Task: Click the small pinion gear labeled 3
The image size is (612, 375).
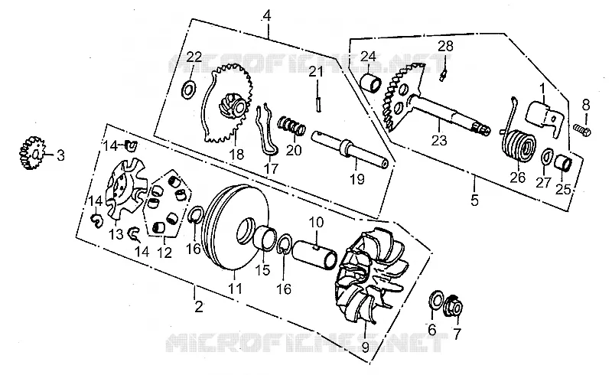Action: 31,153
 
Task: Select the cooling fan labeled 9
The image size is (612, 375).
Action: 369,276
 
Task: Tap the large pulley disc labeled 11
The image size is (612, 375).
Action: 237,228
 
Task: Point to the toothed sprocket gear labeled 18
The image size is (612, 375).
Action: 228,104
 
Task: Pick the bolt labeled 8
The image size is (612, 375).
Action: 582,129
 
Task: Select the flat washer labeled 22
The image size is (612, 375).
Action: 189,90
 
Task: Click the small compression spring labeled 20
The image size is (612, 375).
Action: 291,125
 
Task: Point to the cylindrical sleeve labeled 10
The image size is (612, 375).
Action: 314,254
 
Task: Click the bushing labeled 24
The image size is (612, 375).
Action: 371,83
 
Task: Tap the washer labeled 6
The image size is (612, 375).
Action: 435,299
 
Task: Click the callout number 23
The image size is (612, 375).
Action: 439,140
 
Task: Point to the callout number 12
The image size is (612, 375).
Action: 164,253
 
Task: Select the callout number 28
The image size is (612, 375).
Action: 445,46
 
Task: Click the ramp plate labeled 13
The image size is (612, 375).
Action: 126,189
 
